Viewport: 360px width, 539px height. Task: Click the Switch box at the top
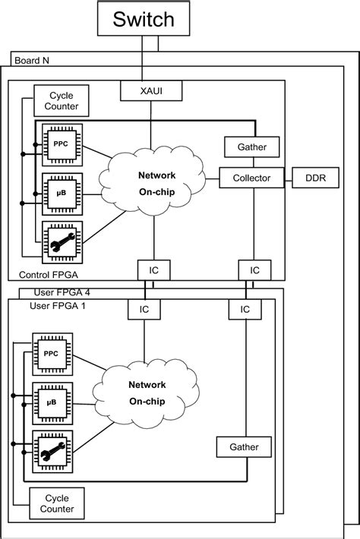pyautogui.click(x=143, y=19)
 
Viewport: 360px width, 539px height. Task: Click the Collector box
pyautogui.click(x=251, y=178)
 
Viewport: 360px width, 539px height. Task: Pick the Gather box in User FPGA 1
pyautogui.click(x=244, y=447)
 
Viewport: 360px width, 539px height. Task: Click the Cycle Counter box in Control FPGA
pyautogui.click(x=61, y=101)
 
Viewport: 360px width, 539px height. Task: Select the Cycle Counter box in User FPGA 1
pyautogui.click(x=57, y=503)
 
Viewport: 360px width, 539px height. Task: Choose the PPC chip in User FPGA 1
pyautogui.click(x=52, y=354)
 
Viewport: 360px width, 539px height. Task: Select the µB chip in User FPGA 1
pyautogui.click(x=52, y=400)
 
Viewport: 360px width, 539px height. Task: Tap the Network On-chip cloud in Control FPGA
pyautogui.click(x=156, y=184)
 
